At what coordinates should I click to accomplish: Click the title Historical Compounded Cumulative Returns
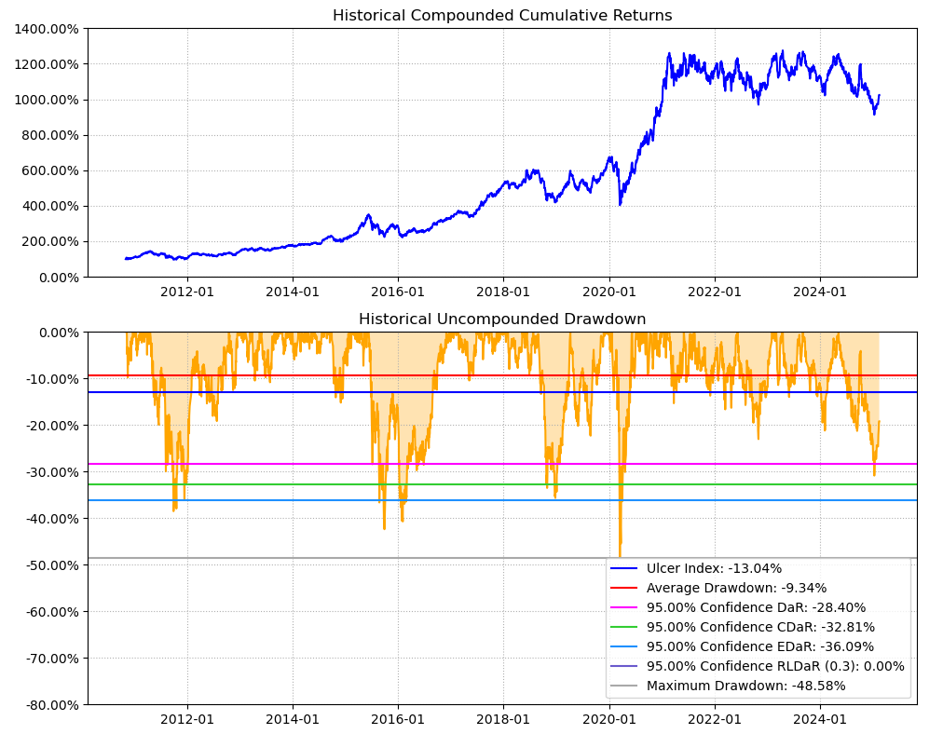(502, 16)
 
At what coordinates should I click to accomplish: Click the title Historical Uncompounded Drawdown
(502, 319)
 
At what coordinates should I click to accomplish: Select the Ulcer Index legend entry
(714, 568)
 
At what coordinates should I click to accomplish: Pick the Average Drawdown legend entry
(736, 588)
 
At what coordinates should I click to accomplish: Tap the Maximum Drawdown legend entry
(745, 686)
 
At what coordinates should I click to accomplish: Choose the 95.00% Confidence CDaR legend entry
(760, 627)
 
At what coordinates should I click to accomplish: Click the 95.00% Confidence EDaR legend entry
(760, 646)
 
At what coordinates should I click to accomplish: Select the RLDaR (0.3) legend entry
(775, 666)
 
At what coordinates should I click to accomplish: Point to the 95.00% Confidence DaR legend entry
(756, 607)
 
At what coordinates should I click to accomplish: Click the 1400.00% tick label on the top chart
(47, 29)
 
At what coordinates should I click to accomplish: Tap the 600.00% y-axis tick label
(50, 170)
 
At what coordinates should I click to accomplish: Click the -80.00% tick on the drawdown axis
(48, 705)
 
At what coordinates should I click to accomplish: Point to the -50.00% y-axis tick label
(48, 565)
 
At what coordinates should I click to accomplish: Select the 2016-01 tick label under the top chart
(398, 291)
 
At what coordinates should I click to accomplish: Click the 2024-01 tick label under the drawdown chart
(820, 719)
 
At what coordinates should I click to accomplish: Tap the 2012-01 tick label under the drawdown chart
(187, 719)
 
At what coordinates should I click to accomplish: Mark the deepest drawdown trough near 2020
(620, 556)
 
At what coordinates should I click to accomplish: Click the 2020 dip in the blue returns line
(620, 204)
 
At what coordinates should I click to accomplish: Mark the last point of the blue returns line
(879, 94)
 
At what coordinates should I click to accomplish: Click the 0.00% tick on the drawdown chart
(54, 333)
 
